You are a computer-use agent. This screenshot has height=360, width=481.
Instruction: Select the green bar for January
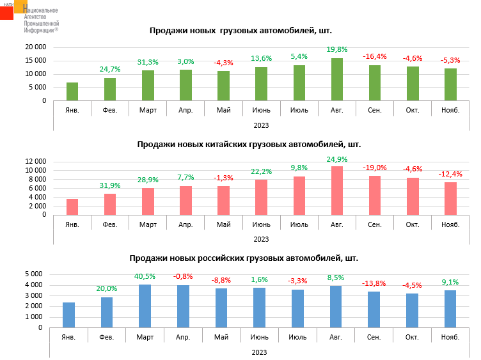pos(72,91)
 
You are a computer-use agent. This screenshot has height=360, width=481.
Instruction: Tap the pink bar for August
pos(337,191)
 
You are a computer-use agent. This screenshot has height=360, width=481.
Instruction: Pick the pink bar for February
pos(110,204)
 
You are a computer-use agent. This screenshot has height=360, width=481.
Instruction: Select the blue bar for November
pos(450,309)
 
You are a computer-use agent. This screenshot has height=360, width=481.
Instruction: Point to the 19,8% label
pos(336,49)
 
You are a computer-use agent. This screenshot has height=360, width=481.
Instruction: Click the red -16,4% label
pos(375,56)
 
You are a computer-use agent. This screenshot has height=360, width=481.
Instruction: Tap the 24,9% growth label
pos(336,159)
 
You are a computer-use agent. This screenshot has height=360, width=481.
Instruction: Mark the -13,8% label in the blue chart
pos(374,283)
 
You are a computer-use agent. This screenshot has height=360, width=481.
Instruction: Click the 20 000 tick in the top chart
pos(35,47)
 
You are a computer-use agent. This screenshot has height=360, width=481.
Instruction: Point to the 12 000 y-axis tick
pos(35,161)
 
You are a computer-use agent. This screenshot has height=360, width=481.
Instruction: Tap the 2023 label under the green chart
pos(261,125)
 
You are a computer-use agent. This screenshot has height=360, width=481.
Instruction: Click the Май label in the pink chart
pos(223,224)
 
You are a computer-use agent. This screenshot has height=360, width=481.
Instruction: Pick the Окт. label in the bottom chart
pos(411,337)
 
